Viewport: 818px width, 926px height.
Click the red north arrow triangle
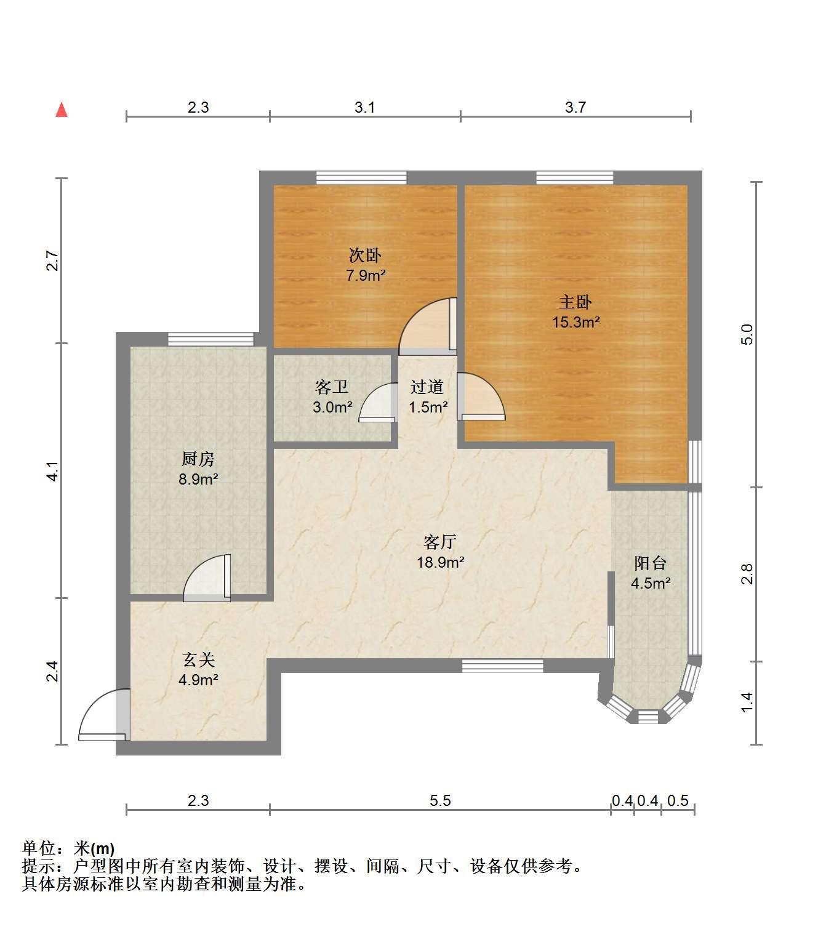pos(62,110)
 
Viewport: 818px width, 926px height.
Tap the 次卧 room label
pos(364,255)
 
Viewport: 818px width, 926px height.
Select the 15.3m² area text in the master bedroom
pos(575,322)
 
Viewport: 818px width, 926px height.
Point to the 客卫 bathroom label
pos(332,387)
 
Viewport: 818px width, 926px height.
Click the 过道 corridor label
pos(427,387)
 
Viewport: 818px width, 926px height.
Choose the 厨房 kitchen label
pos(198,459)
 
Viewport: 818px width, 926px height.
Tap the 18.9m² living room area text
pos(441,562)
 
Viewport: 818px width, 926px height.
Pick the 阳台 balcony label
pos(651,563)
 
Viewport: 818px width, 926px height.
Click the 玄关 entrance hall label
pos(198,660)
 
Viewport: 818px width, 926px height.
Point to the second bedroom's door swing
pos(428,326)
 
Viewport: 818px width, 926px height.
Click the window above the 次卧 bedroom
pos(361,178)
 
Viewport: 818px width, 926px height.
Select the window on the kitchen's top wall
pos(211,339)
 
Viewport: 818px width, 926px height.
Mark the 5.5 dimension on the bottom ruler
pos(440,800)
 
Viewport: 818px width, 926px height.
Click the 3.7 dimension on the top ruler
pos(575,107)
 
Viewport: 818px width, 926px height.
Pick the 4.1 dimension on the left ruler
pos(53,471)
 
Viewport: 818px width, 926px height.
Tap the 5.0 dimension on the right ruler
pos(746,334)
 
